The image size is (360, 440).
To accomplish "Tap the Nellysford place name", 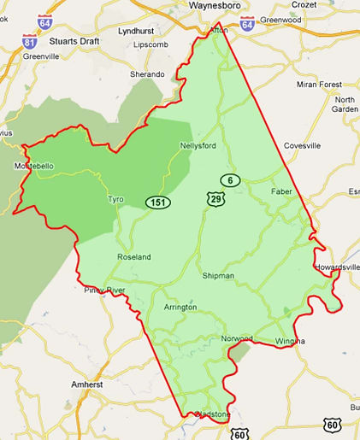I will click(x=198, y=145).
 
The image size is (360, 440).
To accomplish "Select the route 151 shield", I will click(x=156, y=202).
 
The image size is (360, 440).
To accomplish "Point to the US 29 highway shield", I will click(x=215, y=198).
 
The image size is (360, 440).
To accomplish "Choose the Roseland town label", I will click(x=133, y=256).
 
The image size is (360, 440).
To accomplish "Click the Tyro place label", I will click(x=115, y=199).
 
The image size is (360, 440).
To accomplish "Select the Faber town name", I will click(x=281, y=191).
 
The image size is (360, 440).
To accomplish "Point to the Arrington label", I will click(x=180, y=307).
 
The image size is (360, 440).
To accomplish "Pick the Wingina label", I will click(x=289, y=341).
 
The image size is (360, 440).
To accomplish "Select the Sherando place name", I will click(x=147, y=74).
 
